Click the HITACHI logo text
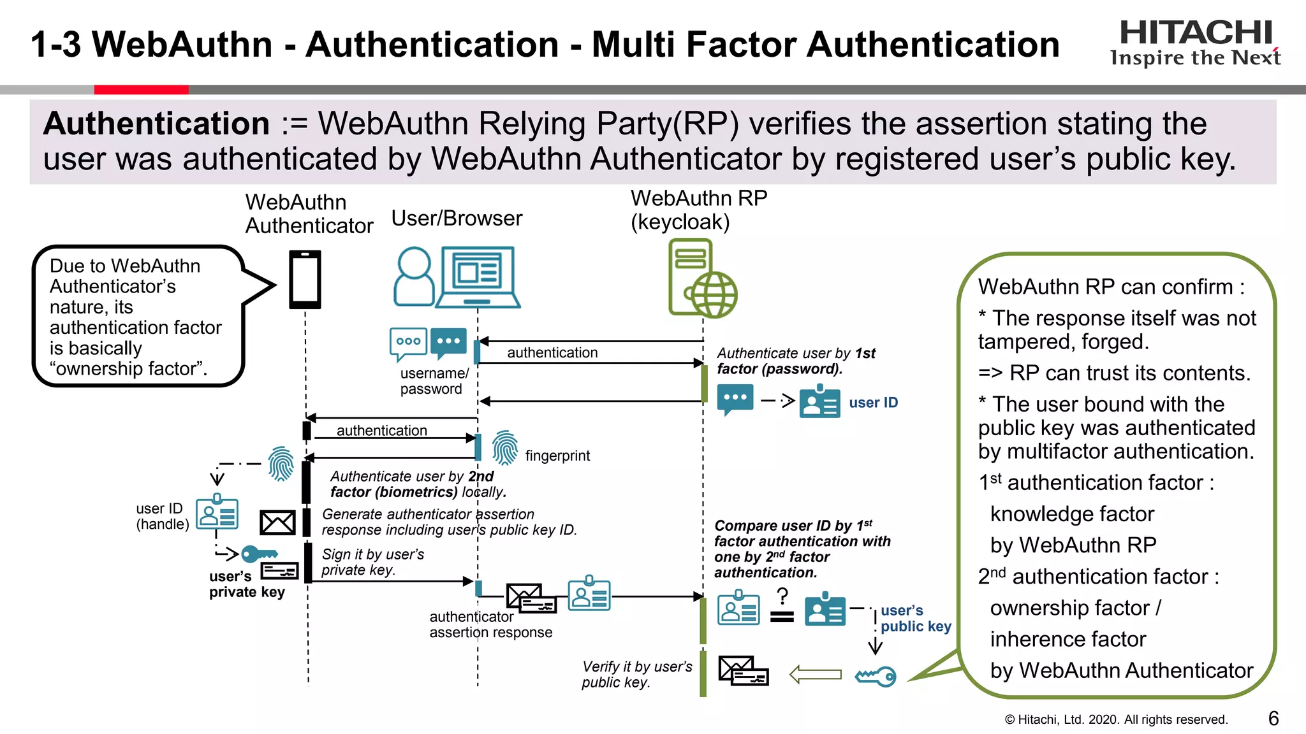(x=1196, y=32)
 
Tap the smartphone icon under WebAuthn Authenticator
(x=305, y=280)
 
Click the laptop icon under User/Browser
(x=478, y=277)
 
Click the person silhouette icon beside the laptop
(x=414, y=277)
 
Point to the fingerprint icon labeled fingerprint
(x=505, y=447)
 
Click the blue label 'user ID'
(x=873, y=403)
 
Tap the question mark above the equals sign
(x=782, y=596)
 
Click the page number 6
(x=1273, y=719)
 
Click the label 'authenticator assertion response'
(x=490, y=624)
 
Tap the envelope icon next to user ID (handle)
(x=277, y=523)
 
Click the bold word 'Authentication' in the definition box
(x=157, y=124)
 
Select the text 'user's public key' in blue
(x=915, y=618)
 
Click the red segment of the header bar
(x=141, y=90)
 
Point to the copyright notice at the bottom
(x=1115, y=719)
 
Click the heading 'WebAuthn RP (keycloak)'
(x=699, y=210)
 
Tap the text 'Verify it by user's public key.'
(x=636, y=674)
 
